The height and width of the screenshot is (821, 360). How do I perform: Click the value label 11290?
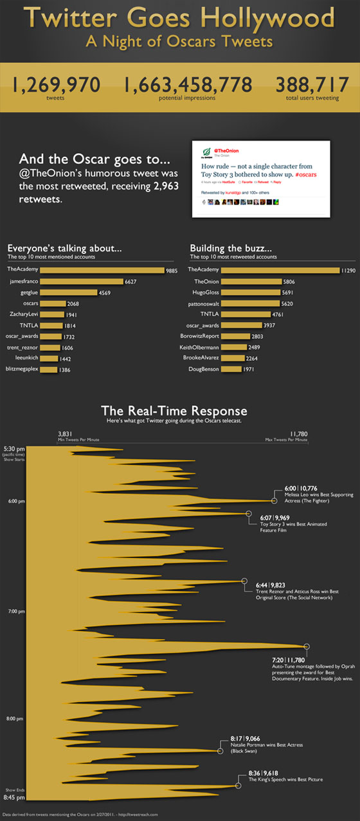349,270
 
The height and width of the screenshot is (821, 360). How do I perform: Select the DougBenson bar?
233,369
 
